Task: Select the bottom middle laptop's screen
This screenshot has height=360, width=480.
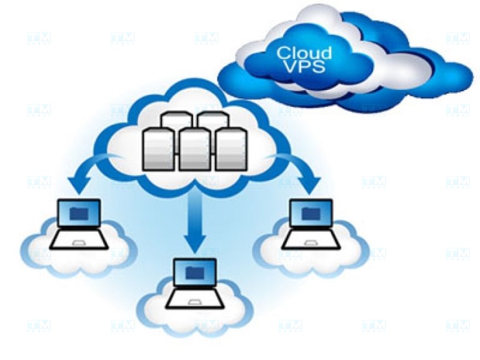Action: click(x=194, y=272)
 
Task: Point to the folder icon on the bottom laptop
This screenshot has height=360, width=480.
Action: click(x=194, y=272)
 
